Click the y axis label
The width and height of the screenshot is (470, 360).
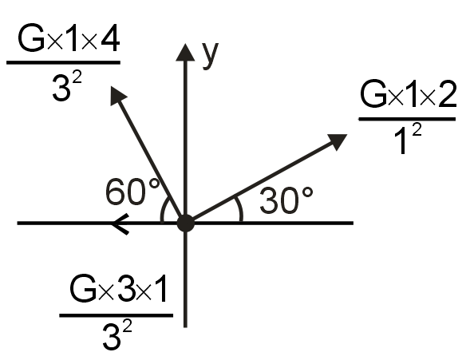tap(211, 56)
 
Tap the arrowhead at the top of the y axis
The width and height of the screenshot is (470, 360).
tap(185, 53)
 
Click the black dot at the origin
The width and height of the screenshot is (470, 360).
tap(186, 224)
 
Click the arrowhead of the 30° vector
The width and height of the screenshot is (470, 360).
tap(338, 142)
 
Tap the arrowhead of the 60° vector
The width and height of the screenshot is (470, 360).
tap(117, 95)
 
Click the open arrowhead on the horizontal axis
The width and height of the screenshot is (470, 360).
tap(120, 224)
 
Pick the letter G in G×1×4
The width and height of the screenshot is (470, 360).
tap(31, 38)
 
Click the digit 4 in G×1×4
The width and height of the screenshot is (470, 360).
tap(110, 38)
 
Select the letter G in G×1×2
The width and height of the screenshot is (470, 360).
tap(373, 94)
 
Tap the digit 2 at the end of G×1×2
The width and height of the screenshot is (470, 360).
tap(447, 94)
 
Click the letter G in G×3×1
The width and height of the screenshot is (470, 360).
tap(83, 288)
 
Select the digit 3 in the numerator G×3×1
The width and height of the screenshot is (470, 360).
tap(126, 288)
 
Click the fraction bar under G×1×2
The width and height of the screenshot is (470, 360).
tap(407, 119)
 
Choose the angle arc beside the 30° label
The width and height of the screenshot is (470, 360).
tap(239, 209)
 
